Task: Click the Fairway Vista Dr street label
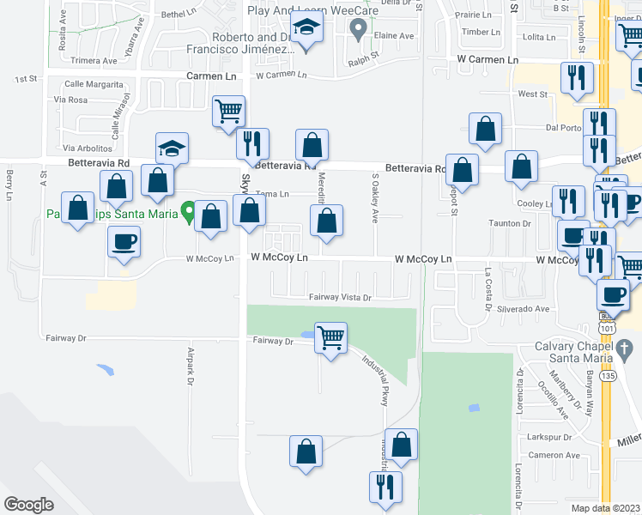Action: [x=340, y=298]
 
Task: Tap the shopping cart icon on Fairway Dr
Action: [x=330, y=336]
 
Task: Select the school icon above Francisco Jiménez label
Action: [x=306, y=29]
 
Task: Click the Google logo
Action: [x=28, y=505]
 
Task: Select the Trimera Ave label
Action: [x=94, y=61]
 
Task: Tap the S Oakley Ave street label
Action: [x=375, y=197]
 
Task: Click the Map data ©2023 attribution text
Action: [x=606, y=508]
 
